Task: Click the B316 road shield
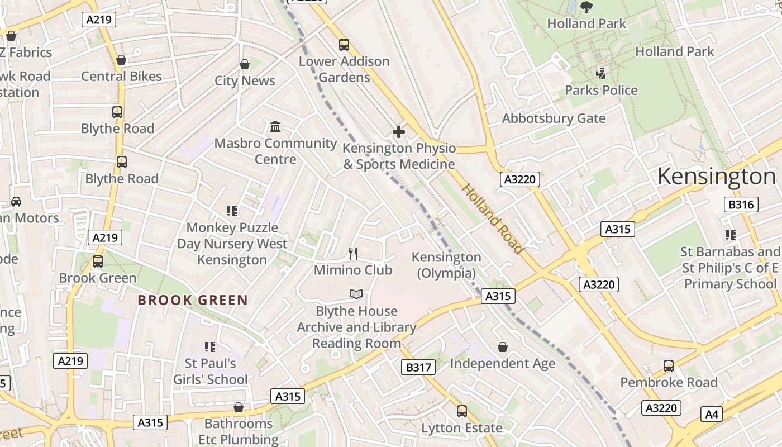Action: click(x=741, y=205)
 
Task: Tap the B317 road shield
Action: click(x=418, y=367)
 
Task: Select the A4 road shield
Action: click(x=711, y=414)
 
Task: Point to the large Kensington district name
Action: click(x=716, y=177)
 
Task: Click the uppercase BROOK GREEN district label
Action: click(x=193, y=300)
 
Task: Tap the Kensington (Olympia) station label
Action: click(x=446, y=265)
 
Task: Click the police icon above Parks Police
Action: click(x=601, y=73)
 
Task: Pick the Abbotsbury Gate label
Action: click(x=554, y=118)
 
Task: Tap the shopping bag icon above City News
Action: click(x=244, y=64)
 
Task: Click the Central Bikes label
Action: click(x=121, y=77)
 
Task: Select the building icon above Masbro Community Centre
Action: click(x=275, y=127)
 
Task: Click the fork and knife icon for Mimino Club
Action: click(x=352, y=254)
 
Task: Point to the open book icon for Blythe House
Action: click(x=356, y=294)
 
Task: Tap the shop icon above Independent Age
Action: click(x=503, y=347)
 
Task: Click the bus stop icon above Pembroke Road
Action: click(x=669, y=366)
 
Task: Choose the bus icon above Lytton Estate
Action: click(x=461, y=411)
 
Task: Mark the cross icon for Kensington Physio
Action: click(x=399, y=132)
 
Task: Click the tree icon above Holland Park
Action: click(x=586, y=7)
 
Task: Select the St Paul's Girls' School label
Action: click(x=210, y=371)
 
